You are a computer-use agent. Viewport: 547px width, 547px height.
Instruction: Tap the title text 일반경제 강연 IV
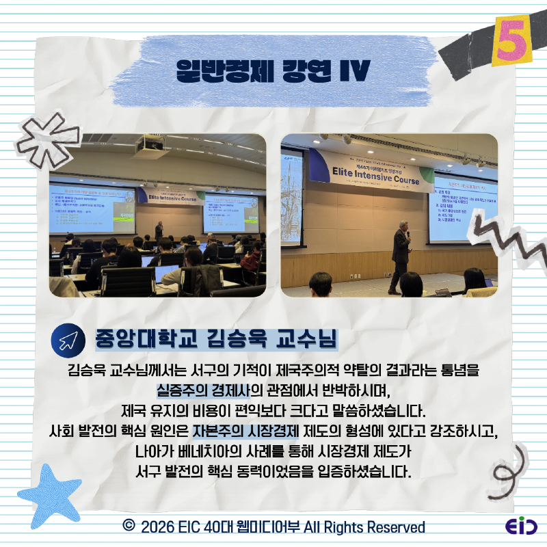(x=273, y=70)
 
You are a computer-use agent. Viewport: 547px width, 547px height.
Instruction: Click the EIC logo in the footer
(x=521, y=527)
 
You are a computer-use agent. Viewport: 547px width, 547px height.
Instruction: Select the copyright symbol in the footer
(x=127, y=526)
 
